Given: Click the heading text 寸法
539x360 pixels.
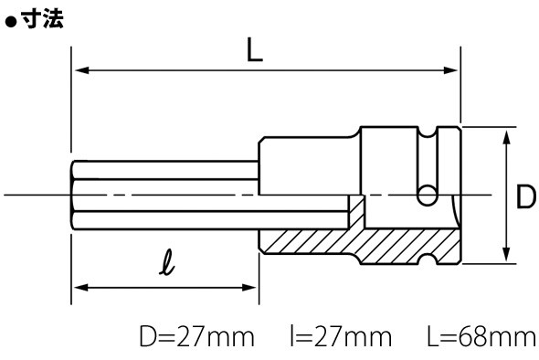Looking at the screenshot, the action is (x=43, y=18).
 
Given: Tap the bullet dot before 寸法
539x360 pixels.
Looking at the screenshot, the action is (x=11, y=22).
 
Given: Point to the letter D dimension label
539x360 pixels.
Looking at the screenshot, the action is (x=526, y=197).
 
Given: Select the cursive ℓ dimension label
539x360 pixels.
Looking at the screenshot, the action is (x=167, y=262).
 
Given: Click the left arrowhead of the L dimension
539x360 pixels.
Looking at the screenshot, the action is (x=82, y=70).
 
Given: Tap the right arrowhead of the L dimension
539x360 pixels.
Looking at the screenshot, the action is (x=450, y=70).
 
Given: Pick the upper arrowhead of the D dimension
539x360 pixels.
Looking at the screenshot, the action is (x=506, y=138).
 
